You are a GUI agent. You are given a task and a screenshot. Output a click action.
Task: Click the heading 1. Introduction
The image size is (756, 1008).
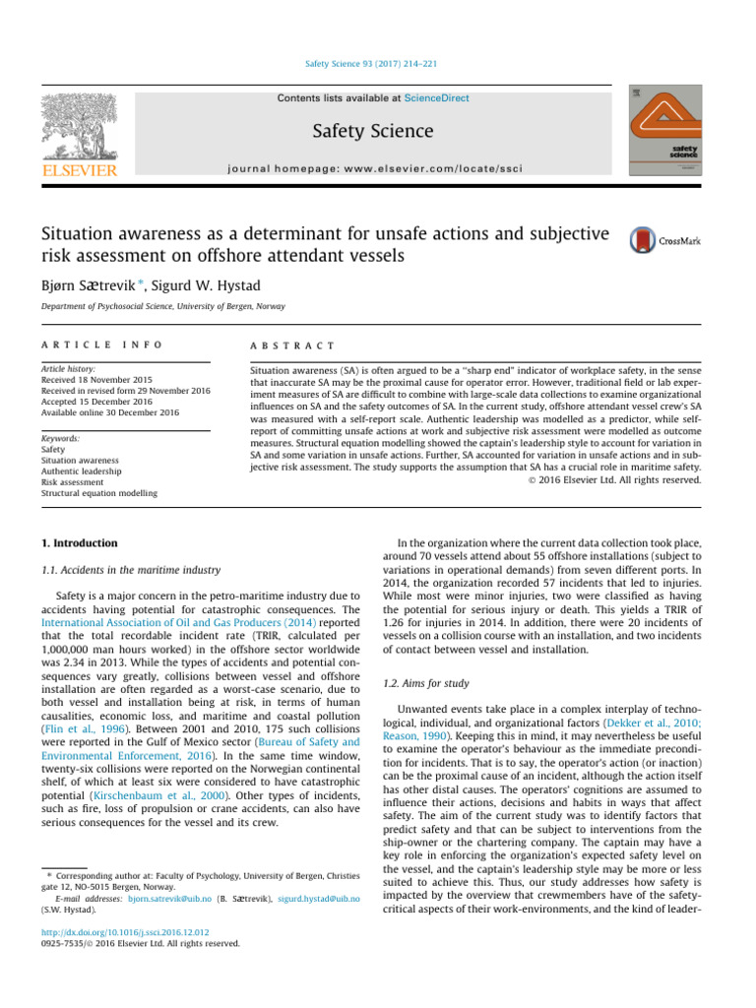(79, 542)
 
